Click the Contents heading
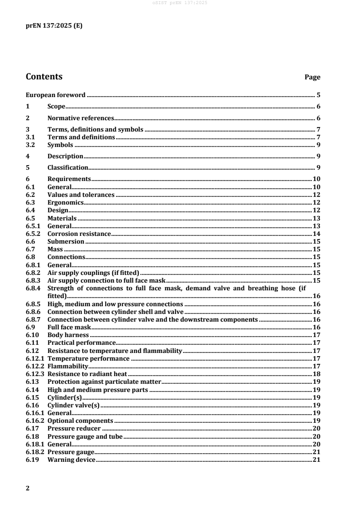tap(44, 77)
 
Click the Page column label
tap(312, 78)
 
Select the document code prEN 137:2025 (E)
tap(54, 26)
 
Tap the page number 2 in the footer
tap(28, 488)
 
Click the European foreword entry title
tap(55, 95)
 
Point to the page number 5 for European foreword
tap(319, 95)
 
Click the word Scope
tap(56, 107)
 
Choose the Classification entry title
tap(68, 167)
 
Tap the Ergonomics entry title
tap(65, 202)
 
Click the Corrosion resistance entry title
tap(79, 234)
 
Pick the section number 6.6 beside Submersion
tap(30, 241)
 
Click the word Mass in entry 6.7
tap(55, 249)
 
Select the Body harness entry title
tap(68, 335)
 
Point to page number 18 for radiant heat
tap(317, 374)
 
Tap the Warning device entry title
tap(71, 460)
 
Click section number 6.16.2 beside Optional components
tap(35, 421)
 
